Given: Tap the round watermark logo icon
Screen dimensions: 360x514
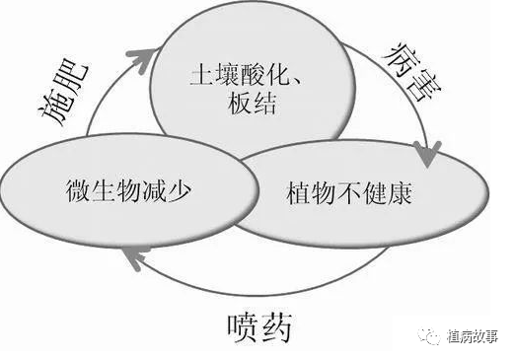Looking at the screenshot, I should [433, 334].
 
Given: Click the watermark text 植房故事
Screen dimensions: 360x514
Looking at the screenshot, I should [477, 334].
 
